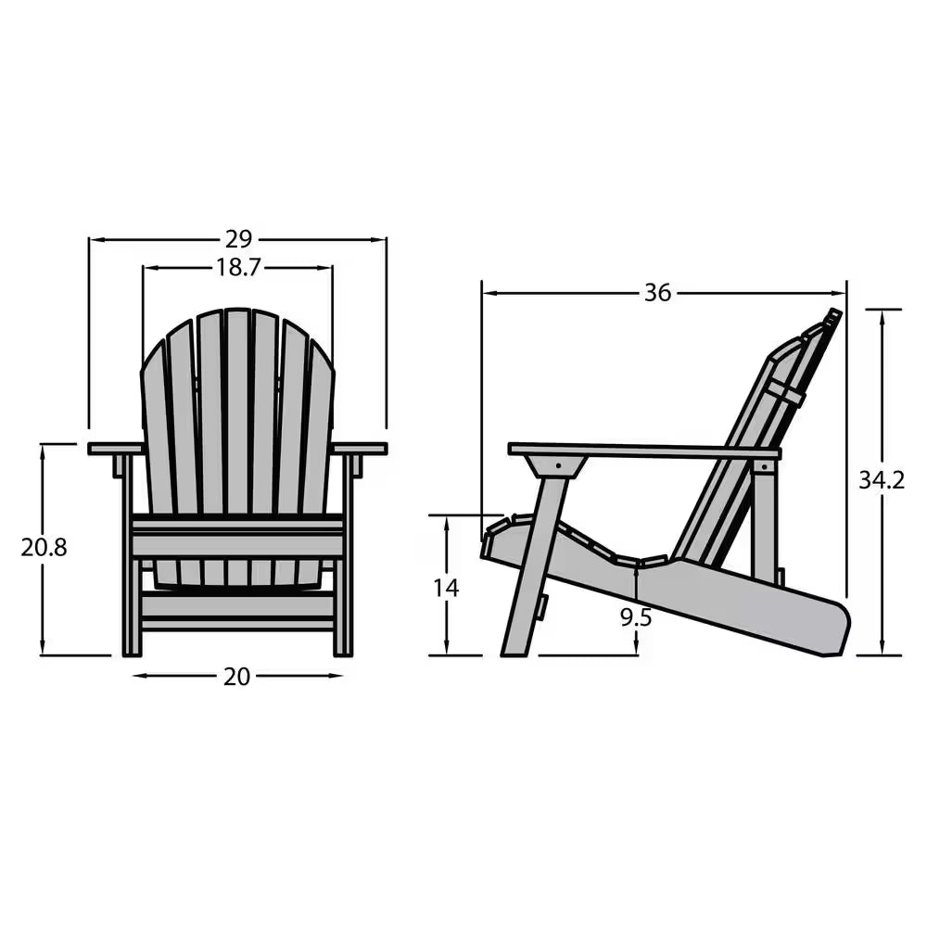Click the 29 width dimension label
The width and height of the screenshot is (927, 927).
pos(238,239)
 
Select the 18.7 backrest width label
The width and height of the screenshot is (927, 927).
pos(238,268)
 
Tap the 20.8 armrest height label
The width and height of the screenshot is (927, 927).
pos(44,547)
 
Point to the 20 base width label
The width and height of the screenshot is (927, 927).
pos(237,677)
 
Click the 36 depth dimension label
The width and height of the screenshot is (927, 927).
pos(657,293)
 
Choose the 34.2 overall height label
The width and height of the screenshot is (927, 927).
pos(881,480)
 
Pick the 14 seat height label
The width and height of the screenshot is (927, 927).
pos(446,588)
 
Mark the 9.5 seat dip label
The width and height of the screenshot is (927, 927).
pos(636,617)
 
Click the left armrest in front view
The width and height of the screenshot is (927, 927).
pos(115,449)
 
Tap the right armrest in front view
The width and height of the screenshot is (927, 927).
pos(360,449)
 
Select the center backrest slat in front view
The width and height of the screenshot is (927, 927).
pos(237,408)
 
